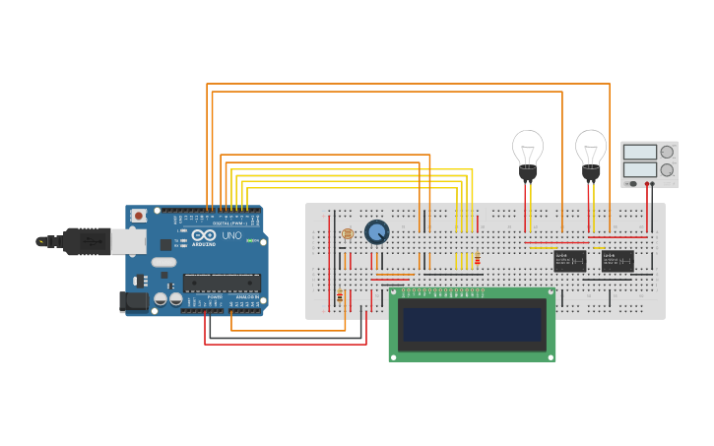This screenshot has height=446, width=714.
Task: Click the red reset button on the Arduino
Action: point(139,216)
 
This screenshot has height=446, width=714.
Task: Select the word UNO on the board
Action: point(232,236)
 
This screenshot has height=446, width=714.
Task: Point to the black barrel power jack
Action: point(133,301)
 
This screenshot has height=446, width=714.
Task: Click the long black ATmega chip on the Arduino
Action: point(222,283)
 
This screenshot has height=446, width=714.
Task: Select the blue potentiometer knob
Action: point(376,231)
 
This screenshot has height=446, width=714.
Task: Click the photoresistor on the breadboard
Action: point(347,233)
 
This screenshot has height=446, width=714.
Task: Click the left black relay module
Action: point(570,260)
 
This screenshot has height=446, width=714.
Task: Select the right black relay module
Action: point(617,260)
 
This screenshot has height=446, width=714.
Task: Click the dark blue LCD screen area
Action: point(473,325)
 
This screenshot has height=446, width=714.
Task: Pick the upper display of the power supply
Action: point(639,152)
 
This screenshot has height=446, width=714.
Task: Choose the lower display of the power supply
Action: point(639,169)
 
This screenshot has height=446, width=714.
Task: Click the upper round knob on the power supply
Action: point(667,152)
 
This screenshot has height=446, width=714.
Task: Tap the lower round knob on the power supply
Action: point(667,169)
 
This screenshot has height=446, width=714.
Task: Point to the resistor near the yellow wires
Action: point(478,260)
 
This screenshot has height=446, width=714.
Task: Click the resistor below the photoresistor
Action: point(340,296)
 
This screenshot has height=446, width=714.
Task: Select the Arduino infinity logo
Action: point(204,236)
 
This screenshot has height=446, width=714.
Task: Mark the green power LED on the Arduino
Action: point(250,241)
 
